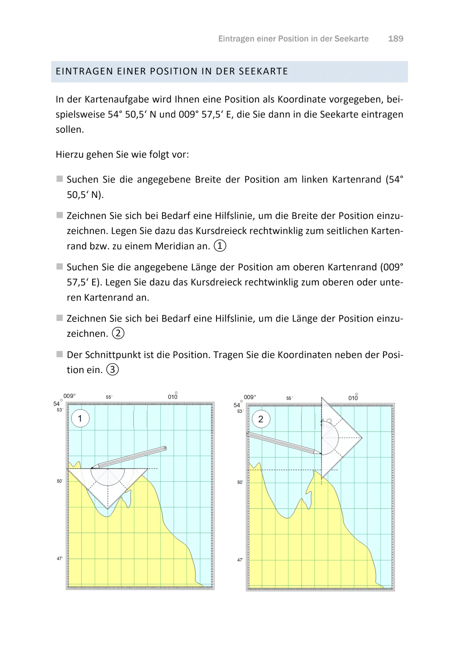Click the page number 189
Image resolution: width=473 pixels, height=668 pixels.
coord(395,39)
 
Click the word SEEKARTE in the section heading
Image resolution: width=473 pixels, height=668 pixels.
coord(263,71)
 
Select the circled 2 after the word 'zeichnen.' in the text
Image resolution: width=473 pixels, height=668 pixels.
coord(118,333)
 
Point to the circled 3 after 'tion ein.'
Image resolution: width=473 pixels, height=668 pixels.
coord(112,370)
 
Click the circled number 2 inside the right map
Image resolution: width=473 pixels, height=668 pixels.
coord(261,419)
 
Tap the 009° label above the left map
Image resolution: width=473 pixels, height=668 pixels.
coord(69,396)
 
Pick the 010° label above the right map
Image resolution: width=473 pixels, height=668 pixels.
coord(353,398)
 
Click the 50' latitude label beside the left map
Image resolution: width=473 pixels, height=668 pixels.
coord(60,481)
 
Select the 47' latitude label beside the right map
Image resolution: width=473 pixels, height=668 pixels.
coord(240,560)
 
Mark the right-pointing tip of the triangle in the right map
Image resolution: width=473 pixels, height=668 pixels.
coord(362,438)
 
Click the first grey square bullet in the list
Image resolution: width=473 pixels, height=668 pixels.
coord(60,179)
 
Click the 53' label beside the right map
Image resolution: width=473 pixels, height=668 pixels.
coord(240,411)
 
